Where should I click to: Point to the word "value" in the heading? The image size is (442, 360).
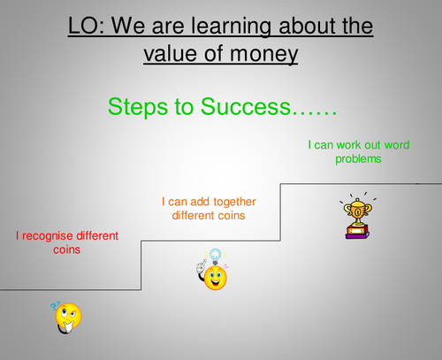(173, 53)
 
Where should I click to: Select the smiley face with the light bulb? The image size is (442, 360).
(213, 276)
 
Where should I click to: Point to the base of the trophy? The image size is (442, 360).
(356, 233)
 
